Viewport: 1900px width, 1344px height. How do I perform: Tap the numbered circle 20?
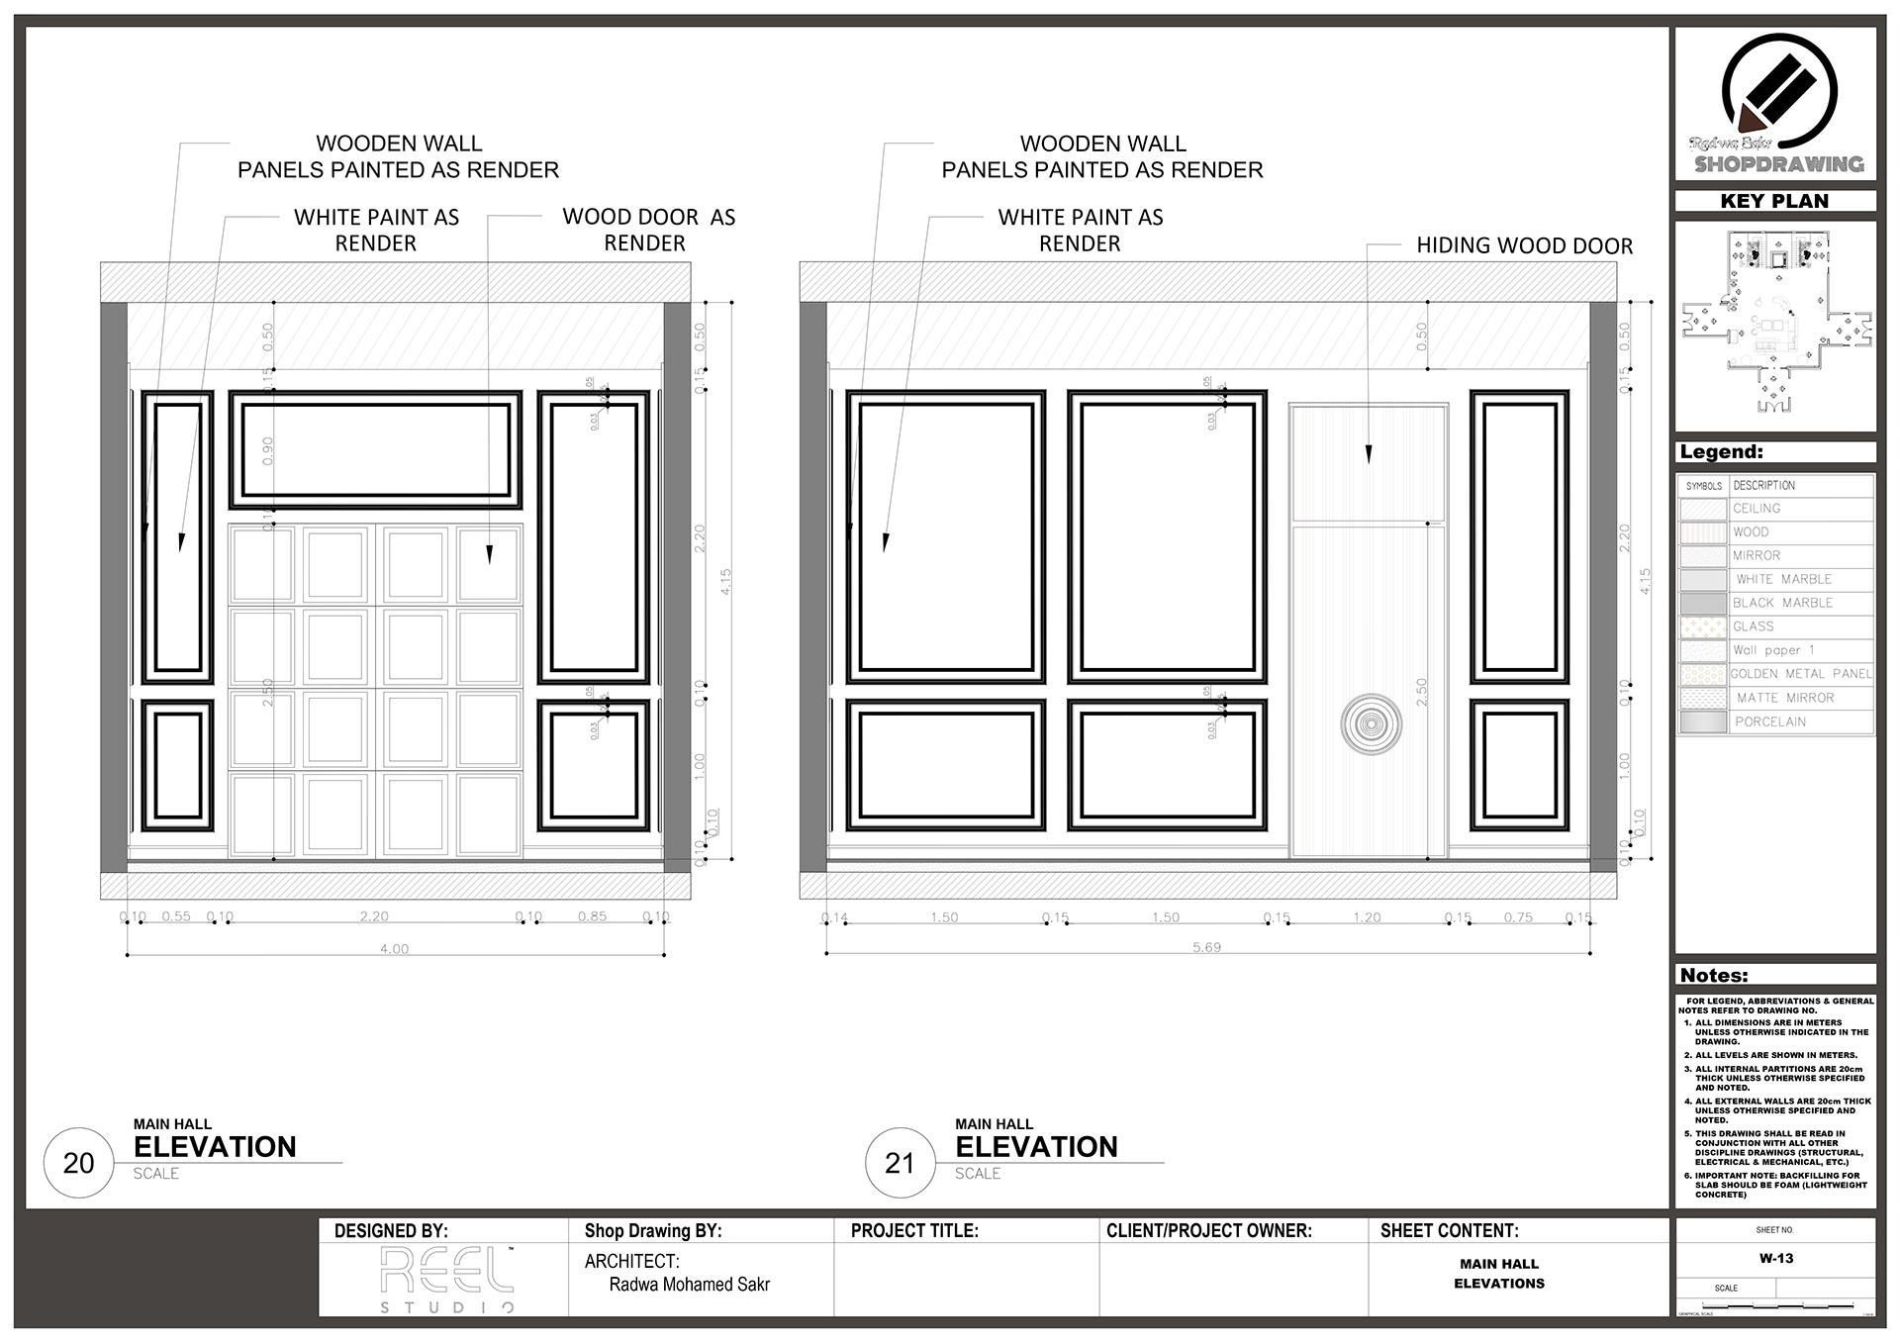tap(79, 1163)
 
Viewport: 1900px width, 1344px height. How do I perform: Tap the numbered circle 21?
tap(900, 1163)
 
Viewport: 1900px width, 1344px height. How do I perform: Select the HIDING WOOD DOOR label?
tap(1524, 245)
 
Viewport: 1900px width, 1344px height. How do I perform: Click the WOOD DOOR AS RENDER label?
tap(648, 230)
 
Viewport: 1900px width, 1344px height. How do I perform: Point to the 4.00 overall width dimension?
tap(394, 949)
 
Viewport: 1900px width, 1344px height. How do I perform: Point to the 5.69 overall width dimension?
tap(1206, 947)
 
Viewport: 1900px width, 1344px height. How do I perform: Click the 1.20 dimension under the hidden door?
tap(1367, 917)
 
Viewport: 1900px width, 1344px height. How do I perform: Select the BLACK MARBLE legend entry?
tap(1782, 603)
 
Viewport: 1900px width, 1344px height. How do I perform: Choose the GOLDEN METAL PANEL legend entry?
tap(1800, 674)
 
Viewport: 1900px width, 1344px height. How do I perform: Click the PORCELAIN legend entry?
tap(1769, 721)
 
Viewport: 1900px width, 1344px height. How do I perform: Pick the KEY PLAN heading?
tap(1774, 201)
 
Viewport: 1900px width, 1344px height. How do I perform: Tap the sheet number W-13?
tap(1775, 1259)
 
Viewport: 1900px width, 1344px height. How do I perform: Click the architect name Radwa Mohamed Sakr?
tap(689, 1285)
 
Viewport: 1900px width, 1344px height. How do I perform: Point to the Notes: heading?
tap(1714, 975)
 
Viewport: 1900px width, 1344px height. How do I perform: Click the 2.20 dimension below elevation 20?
tap(374, 916)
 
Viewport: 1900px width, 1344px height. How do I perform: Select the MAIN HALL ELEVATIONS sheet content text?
tap(1498, 1274)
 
